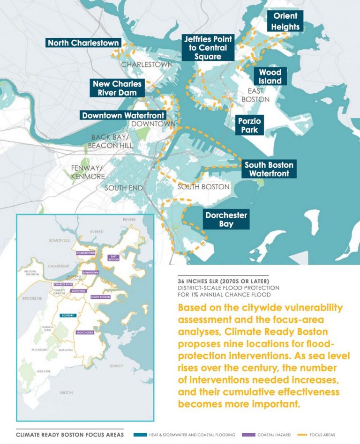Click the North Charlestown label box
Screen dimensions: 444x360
click(x=83, y=43)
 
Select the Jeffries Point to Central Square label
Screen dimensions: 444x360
click(x=205, y=48)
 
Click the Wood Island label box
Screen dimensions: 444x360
click(x=270, y=77)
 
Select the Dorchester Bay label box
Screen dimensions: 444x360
click(x=226, y=220)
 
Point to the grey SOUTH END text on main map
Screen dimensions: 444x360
click(x=123, y=188)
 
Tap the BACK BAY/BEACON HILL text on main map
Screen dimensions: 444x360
click(x=110, y=141)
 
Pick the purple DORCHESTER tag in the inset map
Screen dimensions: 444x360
click(x=85, y=332)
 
